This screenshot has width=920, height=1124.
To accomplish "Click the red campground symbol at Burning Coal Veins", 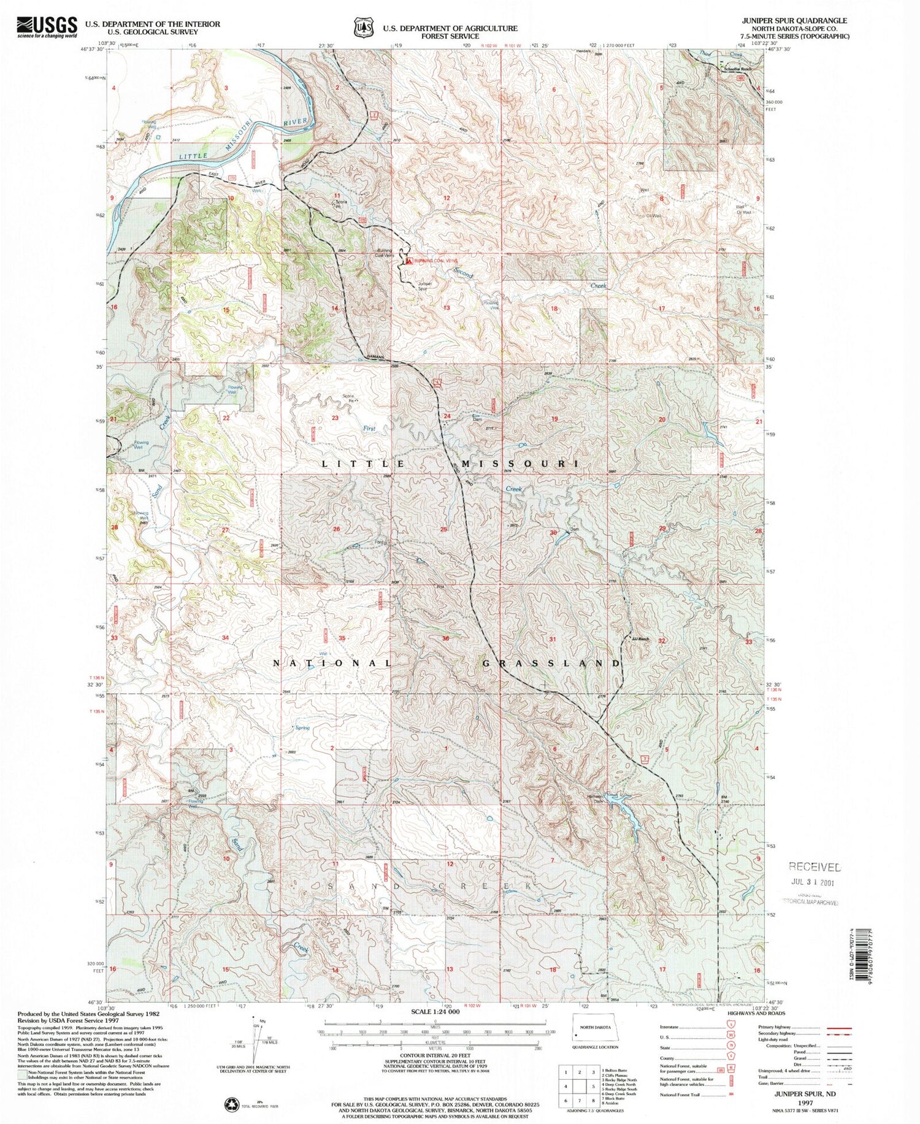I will (409, 261).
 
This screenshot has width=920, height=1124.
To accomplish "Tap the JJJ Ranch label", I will (640, 639).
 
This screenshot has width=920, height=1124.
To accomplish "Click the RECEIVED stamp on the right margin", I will (815, 866).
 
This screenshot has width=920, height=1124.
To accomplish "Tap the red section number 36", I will (445, 639).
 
